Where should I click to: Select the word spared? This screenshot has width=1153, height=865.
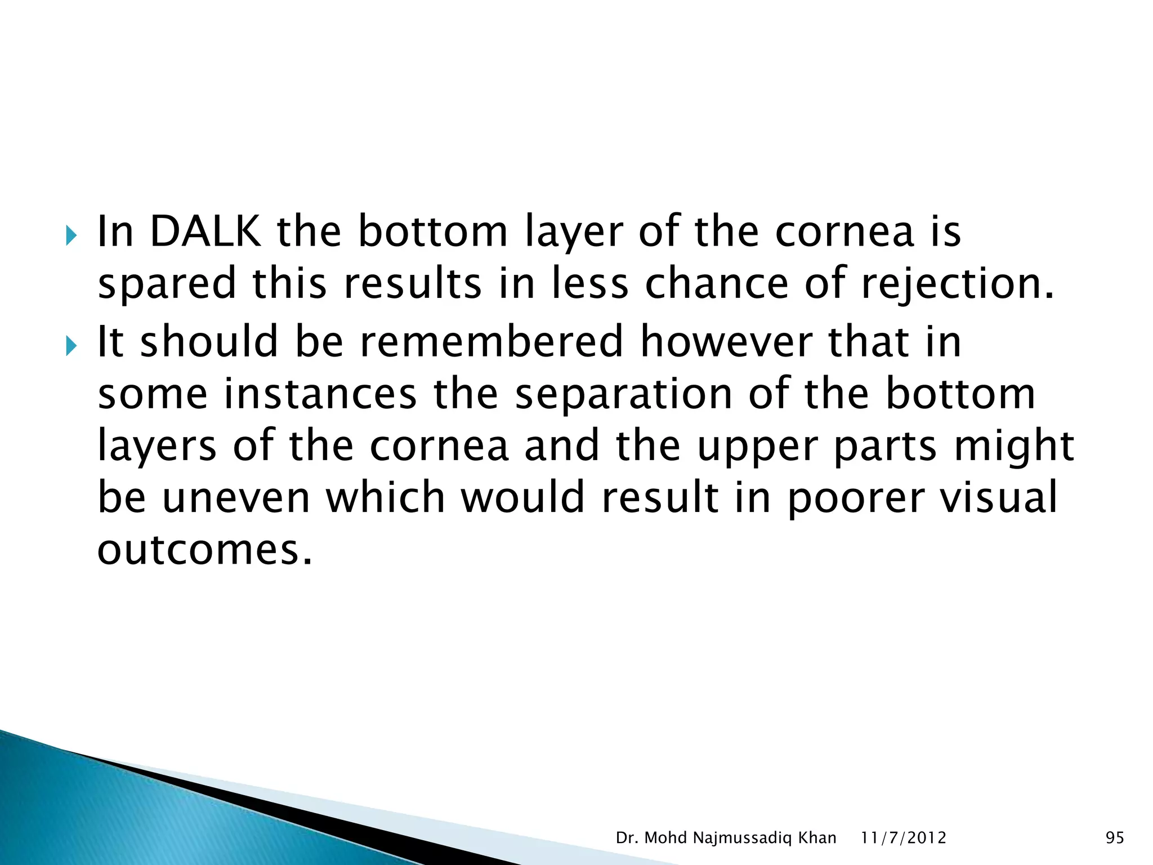[167, 284]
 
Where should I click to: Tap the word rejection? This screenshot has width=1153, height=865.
[957, 284]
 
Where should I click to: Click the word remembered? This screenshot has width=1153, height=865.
[491, 342]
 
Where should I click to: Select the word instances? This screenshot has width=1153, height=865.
[320, 394]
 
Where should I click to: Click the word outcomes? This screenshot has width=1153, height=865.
[205, 550]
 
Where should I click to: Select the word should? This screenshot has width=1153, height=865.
[209, 342]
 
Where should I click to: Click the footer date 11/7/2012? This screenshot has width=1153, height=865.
[904, 838]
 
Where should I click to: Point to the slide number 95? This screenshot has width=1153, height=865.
[1115, 838]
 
